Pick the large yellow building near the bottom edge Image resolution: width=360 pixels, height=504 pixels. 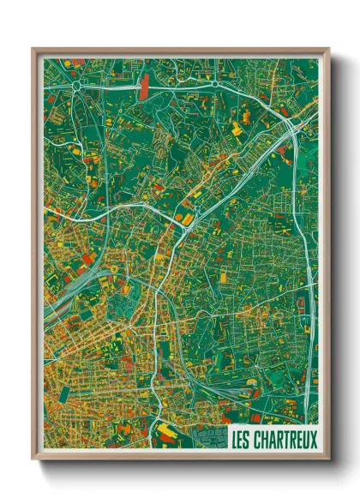pyautogui.click(x=164, y=426)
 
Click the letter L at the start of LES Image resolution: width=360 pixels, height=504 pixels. pyautogui.click(x=235, y=437)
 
